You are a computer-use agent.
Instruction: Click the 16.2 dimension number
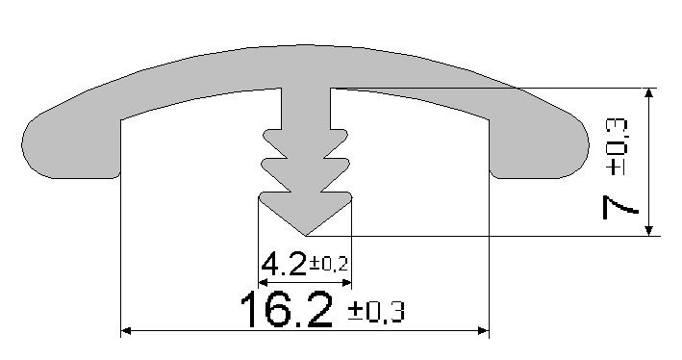287,310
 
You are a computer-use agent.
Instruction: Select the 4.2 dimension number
284,264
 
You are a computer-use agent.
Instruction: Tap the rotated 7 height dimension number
620,207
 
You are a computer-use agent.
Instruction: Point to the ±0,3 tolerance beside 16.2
376,312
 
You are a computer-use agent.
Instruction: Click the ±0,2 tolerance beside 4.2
328,264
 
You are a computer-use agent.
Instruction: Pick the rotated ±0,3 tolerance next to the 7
618,147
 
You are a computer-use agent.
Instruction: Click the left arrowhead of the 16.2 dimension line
125,331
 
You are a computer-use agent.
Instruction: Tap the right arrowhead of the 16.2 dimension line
484,331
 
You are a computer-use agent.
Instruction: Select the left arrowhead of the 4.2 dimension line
263,283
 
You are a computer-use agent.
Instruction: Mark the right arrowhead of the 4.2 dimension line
346,283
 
